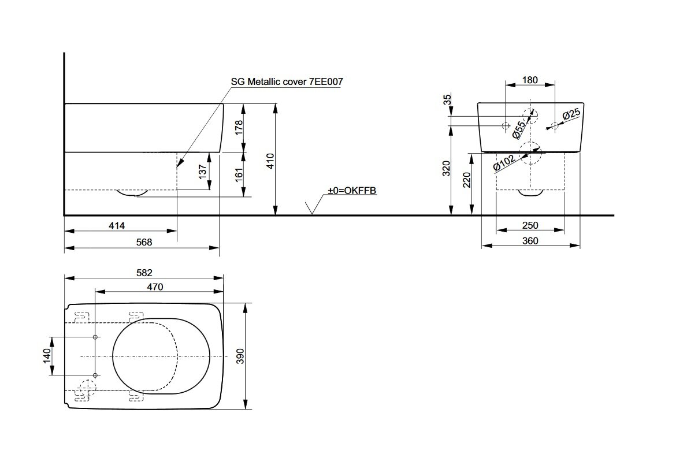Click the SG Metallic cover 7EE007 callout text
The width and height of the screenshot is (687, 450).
[x=287, y=81]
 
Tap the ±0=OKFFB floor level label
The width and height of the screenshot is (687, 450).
[x=352, y=191]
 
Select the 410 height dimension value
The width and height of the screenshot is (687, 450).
[x=270, y=161]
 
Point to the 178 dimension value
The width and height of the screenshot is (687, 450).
[x=239, y=128]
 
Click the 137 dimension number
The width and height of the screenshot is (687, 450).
[x=202, y=172]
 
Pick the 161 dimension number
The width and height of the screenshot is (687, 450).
[x=239, y=174]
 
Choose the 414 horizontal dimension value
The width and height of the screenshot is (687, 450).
[x=117, y=225]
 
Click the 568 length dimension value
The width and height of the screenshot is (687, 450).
[x=144, y=242]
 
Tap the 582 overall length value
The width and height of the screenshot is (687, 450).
[x=144, y=273]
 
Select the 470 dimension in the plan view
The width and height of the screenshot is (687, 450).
[x=155, y=287]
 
